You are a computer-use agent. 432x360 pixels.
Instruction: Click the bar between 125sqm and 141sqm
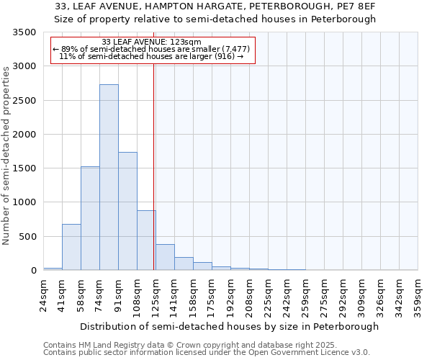pyautogui.click(x=165, y=257)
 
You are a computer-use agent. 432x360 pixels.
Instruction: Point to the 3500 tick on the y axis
pyautogui.click(x=24, y=33)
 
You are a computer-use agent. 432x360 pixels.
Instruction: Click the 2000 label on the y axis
pyautogui.click(x=24, y=135)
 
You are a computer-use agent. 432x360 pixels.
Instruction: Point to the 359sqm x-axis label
pyautogui.click(x=418, y=297)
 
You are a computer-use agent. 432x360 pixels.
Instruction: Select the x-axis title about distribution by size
pyautogui.click(x=229, y=326)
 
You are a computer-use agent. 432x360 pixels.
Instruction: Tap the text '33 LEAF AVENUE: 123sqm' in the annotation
pyautogui.click(x=152, y=42)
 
